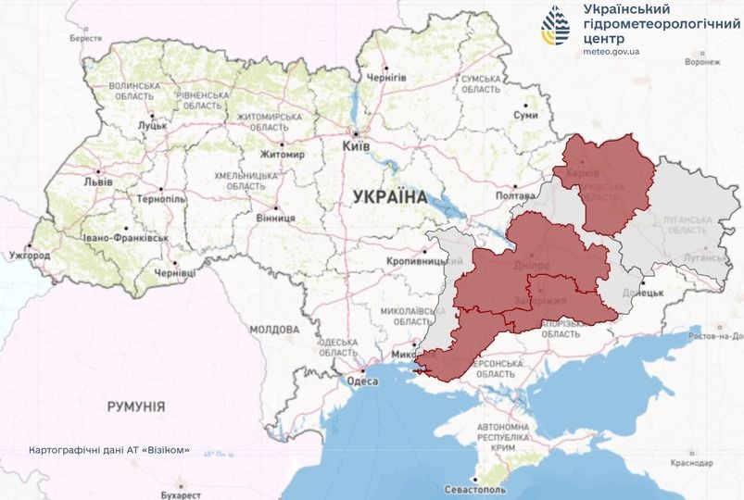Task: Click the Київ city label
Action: pos(356,146)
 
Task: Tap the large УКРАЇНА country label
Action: pos(389,196)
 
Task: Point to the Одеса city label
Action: pos(361,381)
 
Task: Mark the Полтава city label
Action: pos(516,196)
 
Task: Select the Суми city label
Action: pos(525,115)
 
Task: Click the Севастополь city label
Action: pos(475,488)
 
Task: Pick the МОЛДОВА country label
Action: pos(273,329)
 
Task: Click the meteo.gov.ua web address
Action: pos(612,51)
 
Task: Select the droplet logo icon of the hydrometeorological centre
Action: pos(558,26)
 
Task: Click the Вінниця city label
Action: pos(275,219)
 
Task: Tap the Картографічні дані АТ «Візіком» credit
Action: pos(109,450)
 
